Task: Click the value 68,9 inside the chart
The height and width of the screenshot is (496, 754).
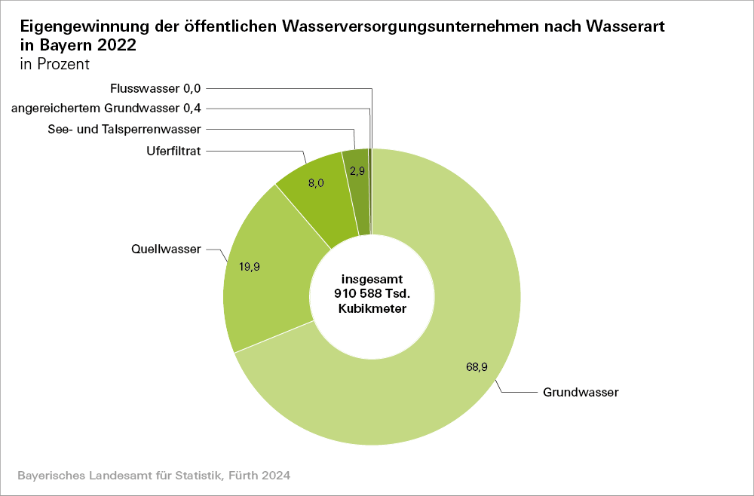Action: [477, 367]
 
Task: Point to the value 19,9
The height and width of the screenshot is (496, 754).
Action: [249, 267]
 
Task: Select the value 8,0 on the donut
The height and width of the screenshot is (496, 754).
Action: [316, 182]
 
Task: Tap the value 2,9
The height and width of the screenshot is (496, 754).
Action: [357, 171]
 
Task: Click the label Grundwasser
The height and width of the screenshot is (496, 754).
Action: [581, 393]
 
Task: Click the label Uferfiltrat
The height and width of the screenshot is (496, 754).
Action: [173, 151]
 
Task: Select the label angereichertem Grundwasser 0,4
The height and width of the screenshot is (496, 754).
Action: [106, 109]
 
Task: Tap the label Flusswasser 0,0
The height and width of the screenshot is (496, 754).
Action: [155, 88]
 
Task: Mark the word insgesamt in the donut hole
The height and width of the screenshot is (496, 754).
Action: [372, 279]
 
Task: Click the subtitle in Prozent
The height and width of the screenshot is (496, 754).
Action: [54, 63]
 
